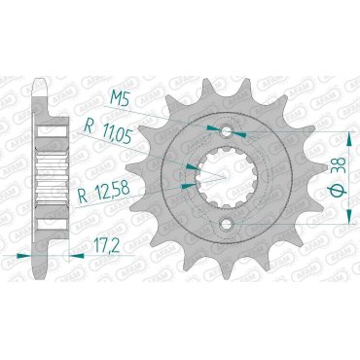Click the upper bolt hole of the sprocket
[227, 132]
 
